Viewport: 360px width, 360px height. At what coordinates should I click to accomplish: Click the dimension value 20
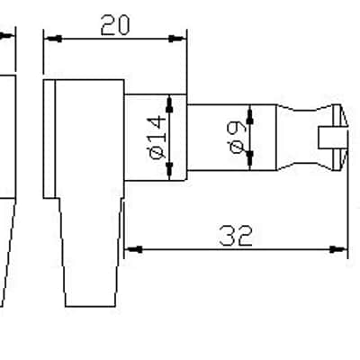pyautogui.click(x=115, y=25)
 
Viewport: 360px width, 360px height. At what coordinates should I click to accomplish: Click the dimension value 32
pyautogui.click(x=236, y=236)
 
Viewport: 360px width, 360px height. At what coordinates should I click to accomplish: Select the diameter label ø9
pyautogui.click(x=237, y=137)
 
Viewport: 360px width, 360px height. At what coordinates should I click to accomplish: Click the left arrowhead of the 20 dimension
pyautogui.click(x=53, y=39)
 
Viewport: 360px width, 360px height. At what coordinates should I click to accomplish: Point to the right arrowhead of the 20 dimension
pyautogui.click(x=177, y=39)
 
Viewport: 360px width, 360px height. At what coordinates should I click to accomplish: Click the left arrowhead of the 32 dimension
pyautogui.click(x=133, y=249)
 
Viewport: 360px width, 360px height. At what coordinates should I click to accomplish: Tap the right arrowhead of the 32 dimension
pyautogui.click(x=338, y=249)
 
